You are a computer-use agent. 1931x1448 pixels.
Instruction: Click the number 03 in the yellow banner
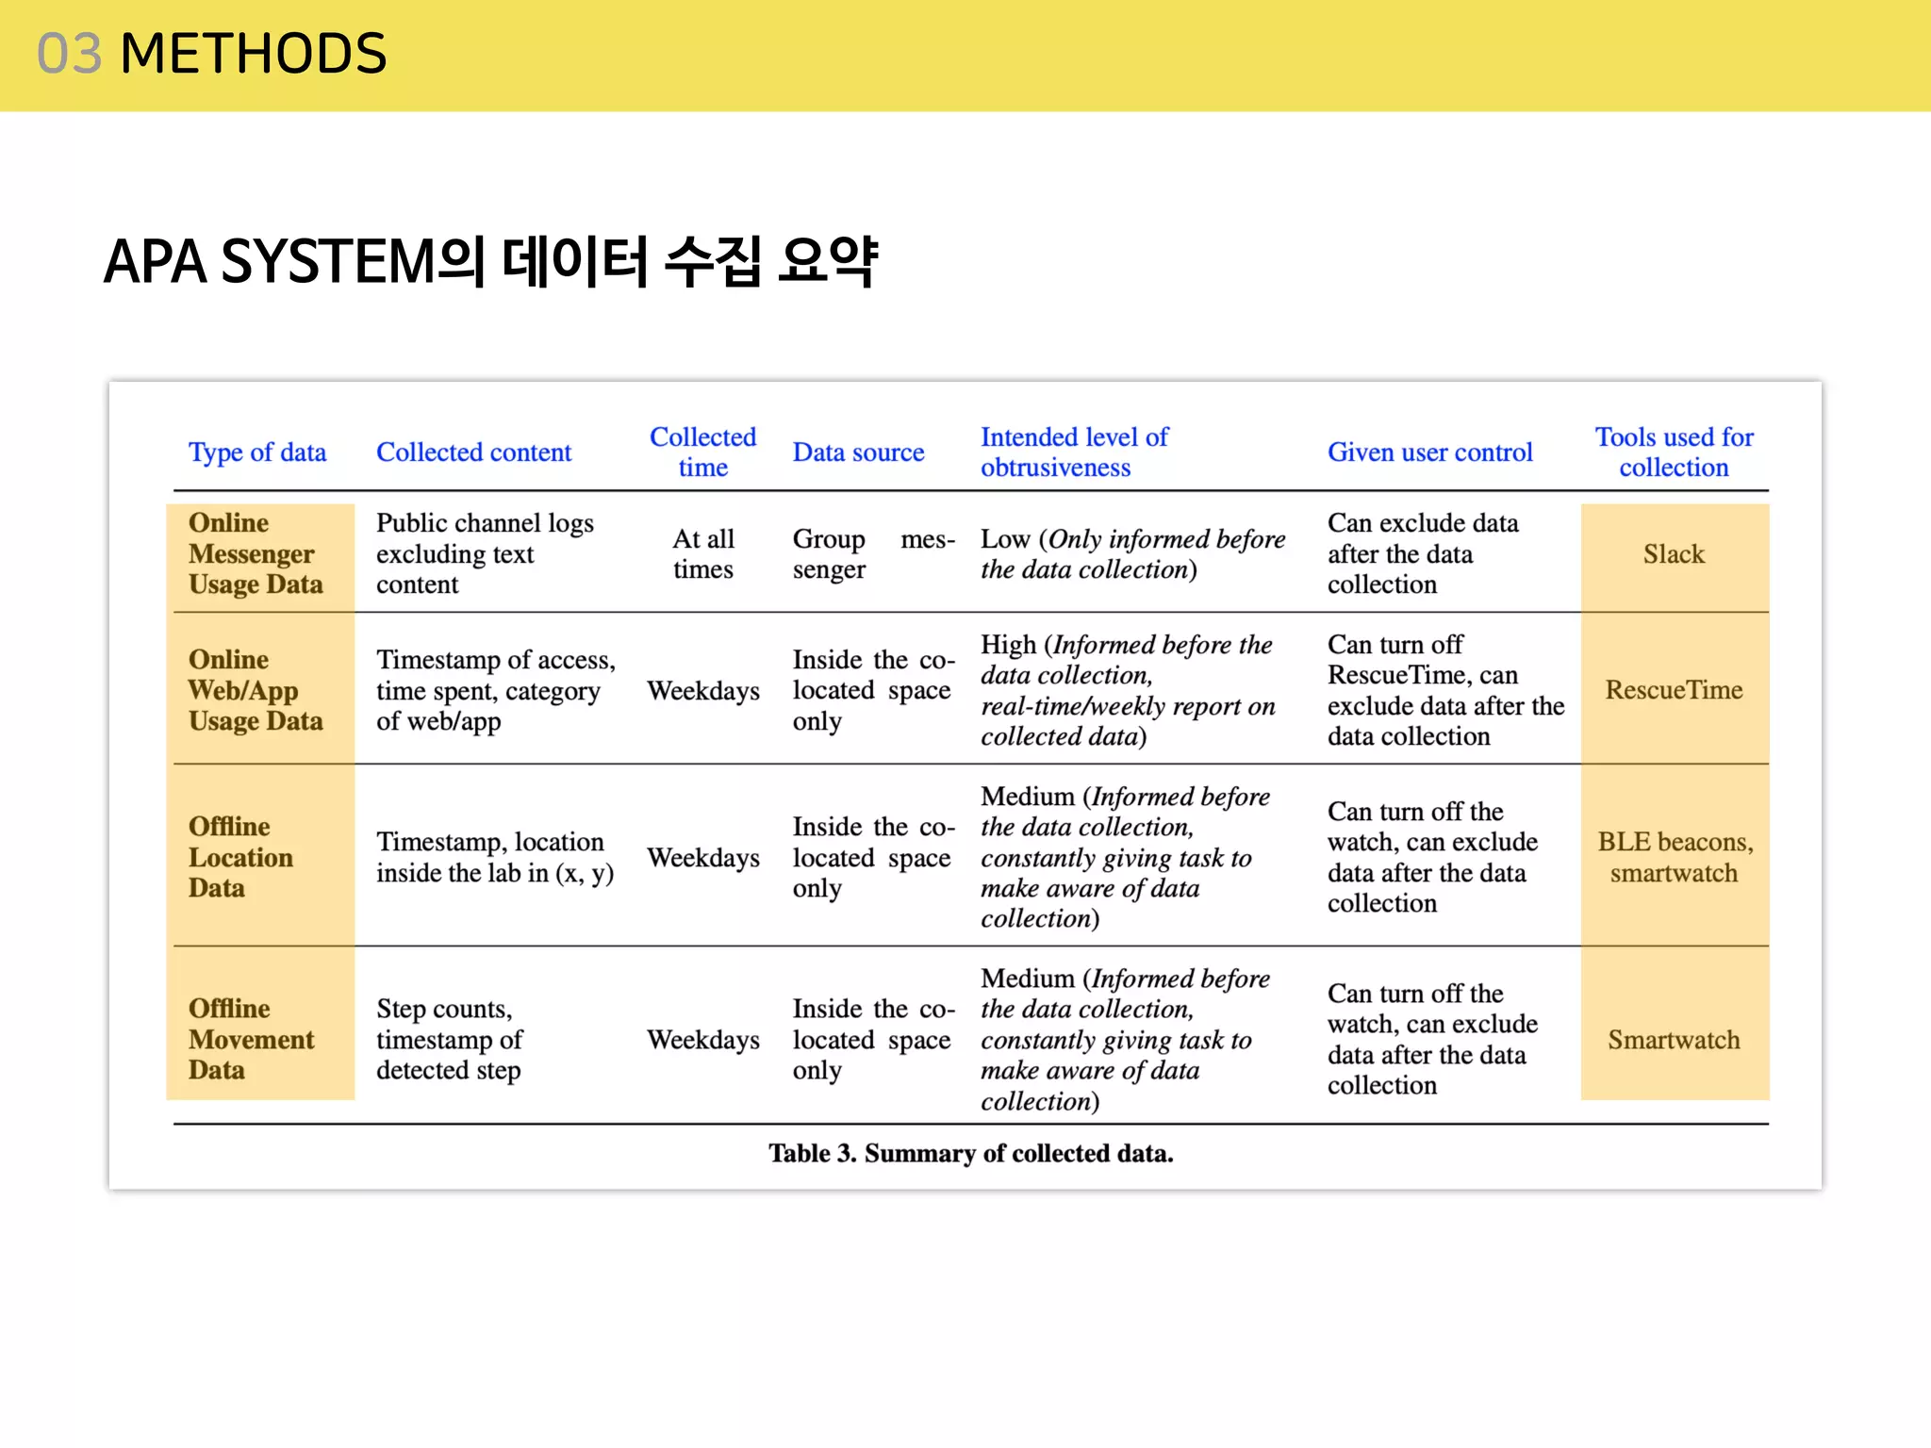(69, 54)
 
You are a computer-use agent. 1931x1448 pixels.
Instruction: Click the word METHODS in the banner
(254, 54)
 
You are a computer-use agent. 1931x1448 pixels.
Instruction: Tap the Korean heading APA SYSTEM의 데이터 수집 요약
(490, 261)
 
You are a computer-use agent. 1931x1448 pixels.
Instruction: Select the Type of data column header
(257, 452)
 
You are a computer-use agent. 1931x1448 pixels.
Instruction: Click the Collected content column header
(473, 452)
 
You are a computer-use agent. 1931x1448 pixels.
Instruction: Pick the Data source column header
(858, 452)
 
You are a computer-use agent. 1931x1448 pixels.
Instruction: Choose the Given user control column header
(1429, 452)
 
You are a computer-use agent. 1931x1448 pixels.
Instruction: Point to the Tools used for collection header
(1674, 452)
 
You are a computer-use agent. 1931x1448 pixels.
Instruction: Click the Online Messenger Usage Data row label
(256, 553)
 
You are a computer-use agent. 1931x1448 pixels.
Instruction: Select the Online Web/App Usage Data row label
(256, 690)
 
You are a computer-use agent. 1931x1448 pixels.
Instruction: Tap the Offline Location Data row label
(240, 857)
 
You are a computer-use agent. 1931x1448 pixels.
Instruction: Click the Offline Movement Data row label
(251, 1039)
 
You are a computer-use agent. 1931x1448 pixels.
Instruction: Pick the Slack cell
(1674, 554)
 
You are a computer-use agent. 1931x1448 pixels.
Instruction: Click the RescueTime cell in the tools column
(1674, 690)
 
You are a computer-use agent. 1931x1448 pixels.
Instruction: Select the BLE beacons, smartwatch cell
(1675, 857)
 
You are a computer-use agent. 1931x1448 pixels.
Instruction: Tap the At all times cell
(703, 554)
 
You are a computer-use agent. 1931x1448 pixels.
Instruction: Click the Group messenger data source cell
(872, 554)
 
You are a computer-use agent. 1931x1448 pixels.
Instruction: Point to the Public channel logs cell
(485, 553)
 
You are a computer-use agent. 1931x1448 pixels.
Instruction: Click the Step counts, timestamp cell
(449, 1039)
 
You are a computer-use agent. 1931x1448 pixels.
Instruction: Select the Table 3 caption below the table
(970, 1154)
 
